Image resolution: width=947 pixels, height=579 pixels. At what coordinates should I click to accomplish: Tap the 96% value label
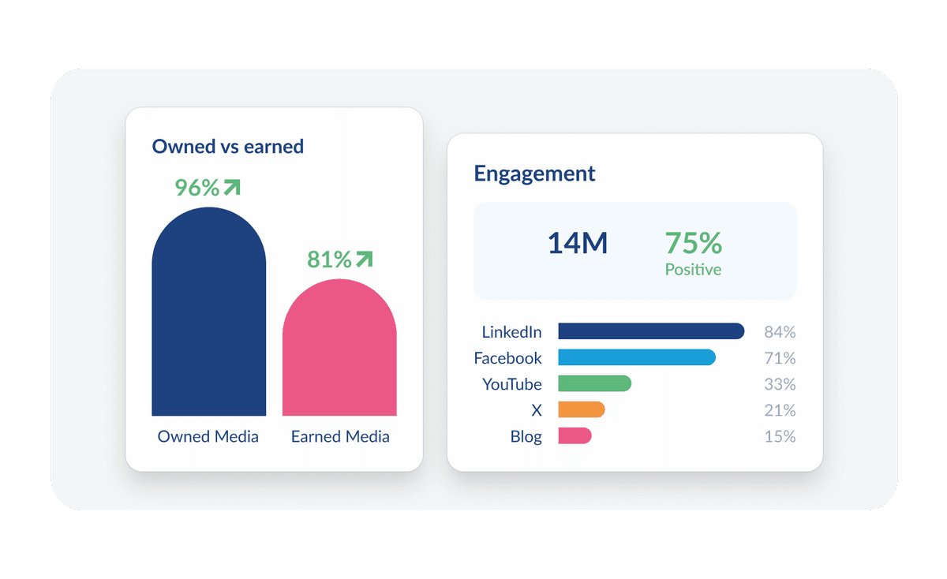pos(197,188)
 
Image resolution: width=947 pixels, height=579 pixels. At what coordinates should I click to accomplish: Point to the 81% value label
pos(329,260)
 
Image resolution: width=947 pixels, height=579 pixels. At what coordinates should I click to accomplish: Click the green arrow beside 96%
pos(231,187)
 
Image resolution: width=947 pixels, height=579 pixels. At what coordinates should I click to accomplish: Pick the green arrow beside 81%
pos(363,259)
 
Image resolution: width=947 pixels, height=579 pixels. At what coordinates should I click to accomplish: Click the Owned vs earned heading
pos(227,146)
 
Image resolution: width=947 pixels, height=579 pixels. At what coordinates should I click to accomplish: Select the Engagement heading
pos(534,174)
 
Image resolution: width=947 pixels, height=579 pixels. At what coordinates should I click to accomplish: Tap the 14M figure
pos(577,244)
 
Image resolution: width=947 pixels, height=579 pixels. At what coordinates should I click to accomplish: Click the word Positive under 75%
pos(693,270)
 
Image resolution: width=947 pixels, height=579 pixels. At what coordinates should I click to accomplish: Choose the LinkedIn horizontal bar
pos(651,331)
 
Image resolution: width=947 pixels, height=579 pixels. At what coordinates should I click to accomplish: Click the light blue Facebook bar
pos(636,357)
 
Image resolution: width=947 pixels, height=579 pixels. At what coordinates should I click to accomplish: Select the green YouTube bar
pos(594,383)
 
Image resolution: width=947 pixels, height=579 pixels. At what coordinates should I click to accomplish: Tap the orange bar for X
pos(581,409)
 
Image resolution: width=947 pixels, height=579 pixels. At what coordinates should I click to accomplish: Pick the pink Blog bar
pos(575,435)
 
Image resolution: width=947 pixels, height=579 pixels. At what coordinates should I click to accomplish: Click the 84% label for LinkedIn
pos(780,332)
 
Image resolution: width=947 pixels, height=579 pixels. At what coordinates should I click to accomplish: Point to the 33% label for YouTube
pos(780,384)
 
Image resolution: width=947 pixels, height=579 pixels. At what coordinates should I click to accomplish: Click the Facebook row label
pos(507,358)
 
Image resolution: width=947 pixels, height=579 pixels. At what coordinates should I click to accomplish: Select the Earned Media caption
pos(340,436)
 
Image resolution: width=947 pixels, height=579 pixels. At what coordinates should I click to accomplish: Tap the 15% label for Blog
pos(780,436)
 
